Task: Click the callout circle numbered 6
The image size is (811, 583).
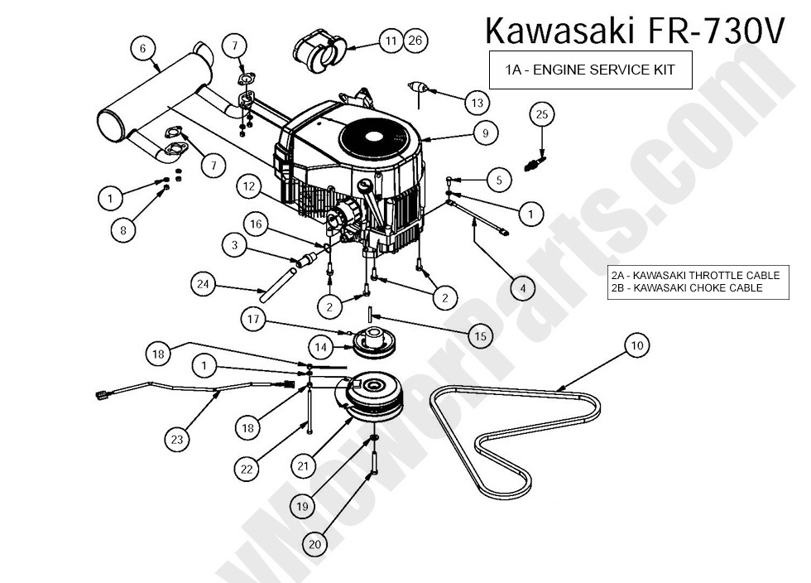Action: [x=143, y=49]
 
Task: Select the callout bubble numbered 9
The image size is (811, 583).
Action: [x=486, y=132]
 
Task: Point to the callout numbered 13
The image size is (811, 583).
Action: [x=477, y=103]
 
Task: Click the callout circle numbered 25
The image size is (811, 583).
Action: [x=542, y=114]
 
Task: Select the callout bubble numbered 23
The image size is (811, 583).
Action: [x=177, y=440]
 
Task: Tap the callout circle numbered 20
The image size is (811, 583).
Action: [x=314, y=544]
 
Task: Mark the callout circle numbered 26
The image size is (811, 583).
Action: [x=415, y=40]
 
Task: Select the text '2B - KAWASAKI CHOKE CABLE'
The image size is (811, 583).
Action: [x=687, y=288]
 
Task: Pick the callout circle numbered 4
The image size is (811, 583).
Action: [x=521, y=288]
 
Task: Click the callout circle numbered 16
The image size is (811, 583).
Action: [x=257, y=224]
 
